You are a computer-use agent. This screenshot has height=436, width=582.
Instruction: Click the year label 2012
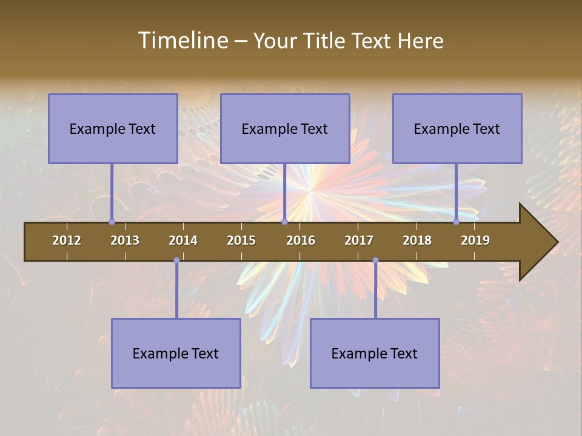tap(67, 240)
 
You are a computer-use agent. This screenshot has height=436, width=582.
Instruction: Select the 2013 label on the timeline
tap(125, 240)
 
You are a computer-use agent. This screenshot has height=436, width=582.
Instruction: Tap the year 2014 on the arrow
tap(183, 240)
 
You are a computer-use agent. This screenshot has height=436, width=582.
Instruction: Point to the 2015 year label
tap(241, 240)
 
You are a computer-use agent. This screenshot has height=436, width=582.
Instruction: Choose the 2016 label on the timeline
tap(301, 240)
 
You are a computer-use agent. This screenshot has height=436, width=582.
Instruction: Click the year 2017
tap(359, 240)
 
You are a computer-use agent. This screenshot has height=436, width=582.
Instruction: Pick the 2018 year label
tap(417, 240)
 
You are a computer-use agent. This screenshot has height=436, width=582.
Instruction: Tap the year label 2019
tap(475, 240)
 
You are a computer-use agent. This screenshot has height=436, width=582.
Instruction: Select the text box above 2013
tap(113, 128)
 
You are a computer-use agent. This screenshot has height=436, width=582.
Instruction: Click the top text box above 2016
tap(285, 128)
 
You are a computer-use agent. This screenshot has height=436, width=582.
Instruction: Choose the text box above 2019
tap(457, 128)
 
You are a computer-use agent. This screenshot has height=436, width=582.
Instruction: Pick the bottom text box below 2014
tap(176, 353)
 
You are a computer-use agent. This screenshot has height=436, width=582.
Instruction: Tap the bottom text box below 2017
tap(375, 353)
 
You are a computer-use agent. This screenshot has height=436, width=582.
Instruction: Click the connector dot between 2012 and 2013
tap(112, 222)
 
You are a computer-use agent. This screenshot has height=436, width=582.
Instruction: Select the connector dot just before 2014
tap(176, 260)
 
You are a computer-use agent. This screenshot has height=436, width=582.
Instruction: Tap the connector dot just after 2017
tap(375, 260)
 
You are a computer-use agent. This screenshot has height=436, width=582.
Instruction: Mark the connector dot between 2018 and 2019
tap(456, 222)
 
